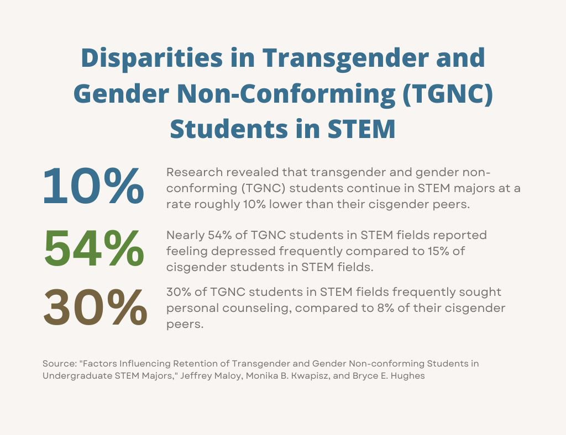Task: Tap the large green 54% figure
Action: [x=93, y=249]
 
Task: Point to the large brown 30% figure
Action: [x=95, y=308]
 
